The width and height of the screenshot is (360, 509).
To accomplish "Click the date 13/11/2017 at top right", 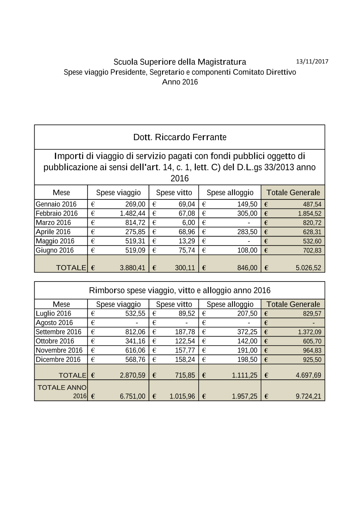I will [x=312, y=61].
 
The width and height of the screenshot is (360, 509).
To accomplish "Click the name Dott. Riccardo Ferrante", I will [x=180, y=137].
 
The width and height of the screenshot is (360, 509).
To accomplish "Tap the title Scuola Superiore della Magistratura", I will [x=180, y=62].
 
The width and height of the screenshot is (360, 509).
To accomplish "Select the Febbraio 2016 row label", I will [x=57, y=213].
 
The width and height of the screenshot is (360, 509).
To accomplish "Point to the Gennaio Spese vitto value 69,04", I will [x=187, y=204].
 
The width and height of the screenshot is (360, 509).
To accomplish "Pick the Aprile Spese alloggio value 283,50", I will [x=247, y=232].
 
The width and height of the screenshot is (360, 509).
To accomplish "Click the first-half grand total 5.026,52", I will [x=308, y=268].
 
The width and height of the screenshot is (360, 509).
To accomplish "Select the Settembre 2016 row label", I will [x=58, y=332].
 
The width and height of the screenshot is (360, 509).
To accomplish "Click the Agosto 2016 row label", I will [x=54, y=323].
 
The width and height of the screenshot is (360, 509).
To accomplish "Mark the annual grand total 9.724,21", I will [x=308, y=396].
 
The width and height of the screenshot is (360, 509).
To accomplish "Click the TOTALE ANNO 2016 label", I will [x=62, y=391].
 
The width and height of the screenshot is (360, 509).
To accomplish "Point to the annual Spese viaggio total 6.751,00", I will [x=132, y=396].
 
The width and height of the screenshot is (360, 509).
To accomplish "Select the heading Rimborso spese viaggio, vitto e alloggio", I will [x=180, y=290].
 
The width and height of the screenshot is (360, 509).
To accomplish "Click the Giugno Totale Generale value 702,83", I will [x=312, y=251].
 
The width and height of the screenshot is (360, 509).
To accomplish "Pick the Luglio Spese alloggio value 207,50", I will [x=247, y=314].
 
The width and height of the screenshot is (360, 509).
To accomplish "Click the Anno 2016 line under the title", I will [x=180, y=82].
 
